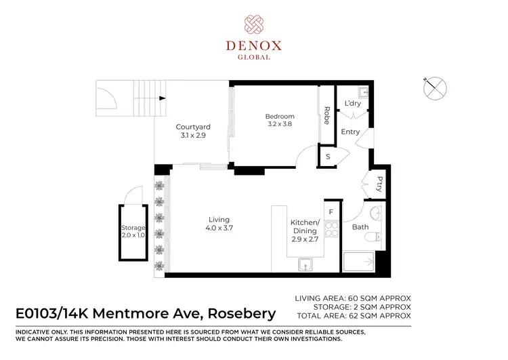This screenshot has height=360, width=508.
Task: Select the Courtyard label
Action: (193, 131)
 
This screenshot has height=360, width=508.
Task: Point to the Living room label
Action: (219, 224)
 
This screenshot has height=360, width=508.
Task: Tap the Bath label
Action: (360, 227)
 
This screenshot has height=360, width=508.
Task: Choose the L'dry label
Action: (352, 104)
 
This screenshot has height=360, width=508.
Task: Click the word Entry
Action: (350, 132)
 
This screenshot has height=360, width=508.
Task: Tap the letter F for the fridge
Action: (331, 212)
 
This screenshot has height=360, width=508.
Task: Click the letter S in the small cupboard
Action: (328, 157)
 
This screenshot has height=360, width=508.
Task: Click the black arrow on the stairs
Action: (163, 98)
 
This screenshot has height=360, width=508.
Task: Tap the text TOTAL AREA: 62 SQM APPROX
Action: (353, 316)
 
